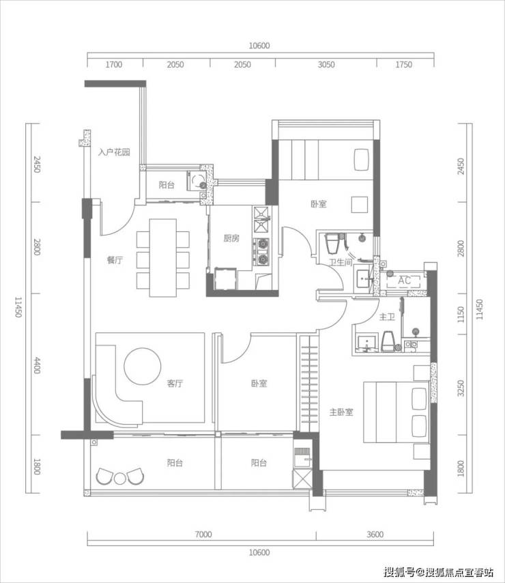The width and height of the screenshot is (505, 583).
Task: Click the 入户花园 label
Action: pos(114,152)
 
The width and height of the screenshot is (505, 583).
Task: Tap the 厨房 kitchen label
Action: pos(231,238)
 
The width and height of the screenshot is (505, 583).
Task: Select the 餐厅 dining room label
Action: pos(115,260)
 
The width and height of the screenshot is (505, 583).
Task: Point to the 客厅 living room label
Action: pos(175,383)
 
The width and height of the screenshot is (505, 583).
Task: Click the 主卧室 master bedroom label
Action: pos(341,412)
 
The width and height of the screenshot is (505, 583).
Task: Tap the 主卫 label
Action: pos(387,317)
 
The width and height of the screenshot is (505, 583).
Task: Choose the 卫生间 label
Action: pos(341,263)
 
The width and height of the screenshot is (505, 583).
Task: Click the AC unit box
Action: pos(403,281)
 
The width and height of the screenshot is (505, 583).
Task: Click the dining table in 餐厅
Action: pos(162,258)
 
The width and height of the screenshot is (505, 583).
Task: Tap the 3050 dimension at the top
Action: pos(326,65)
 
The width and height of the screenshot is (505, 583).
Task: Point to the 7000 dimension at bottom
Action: pos(203,535)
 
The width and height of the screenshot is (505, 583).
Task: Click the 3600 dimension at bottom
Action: pos(375,535)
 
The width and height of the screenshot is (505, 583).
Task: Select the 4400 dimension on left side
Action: pos(37,365)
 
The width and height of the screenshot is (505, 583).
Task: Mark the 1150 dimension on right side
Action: pos(461,315)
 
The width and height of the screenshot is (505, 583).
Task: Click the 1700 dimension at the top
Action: pos(114,65)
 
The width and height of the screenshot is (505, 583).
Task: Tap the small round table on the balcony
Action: pos(119,479)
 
